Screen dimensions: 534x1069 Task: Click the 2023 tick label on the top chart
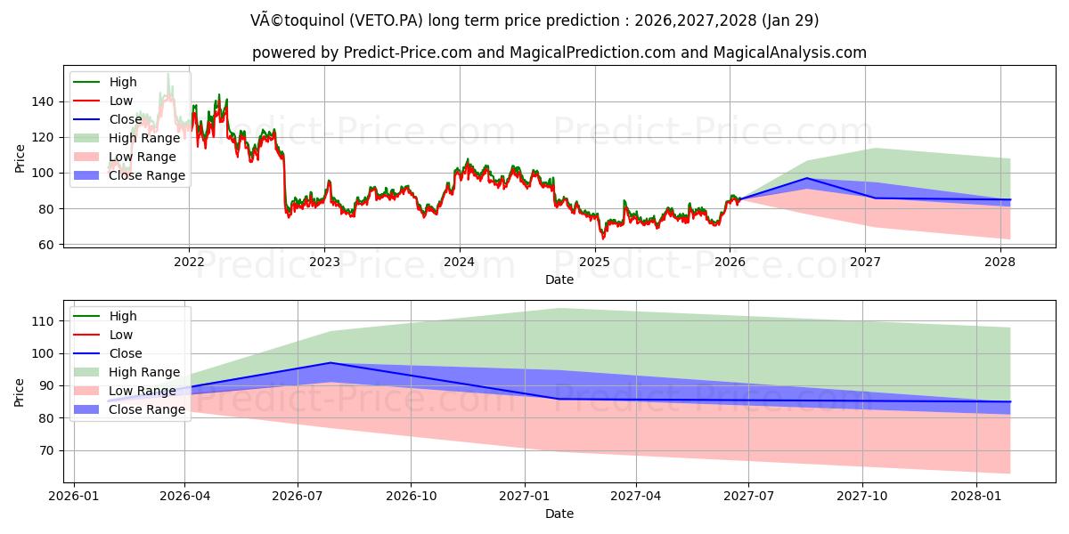pos(324,262)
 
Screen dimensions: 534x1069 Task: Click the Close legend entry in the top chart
pos(126,119)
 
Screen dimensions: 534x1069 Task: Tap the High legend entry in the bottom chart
pos(123,316)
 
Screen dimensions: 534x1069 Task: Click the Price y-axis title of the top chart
pos(20,157)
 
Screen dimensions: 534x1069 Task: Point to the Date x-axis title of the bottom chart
pos(559,514)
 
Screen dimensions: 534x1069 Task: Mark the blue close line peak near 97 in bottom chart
pos(330,362)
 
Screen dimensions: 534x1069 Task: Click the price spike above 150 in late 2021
pos(167,74)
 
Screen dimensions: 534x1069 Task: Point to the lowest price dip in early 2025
pos(603,239)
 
